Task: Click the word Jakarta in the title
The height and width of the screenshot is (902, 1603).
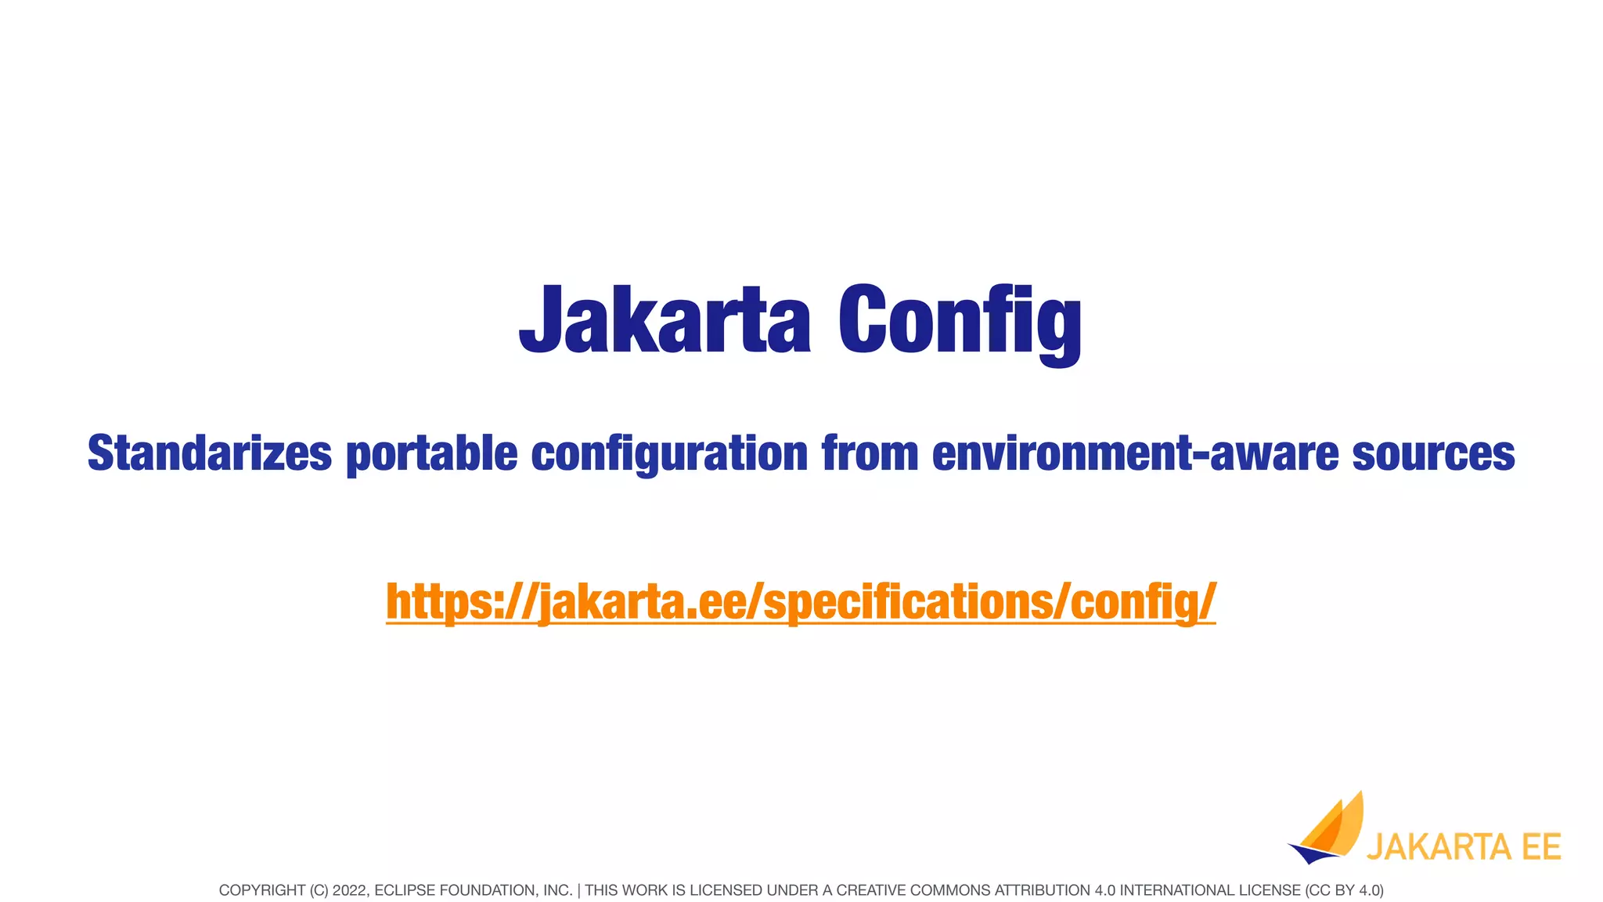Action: point(665,319)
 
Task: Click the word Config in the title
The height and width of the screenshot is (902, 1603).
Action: point(960,321)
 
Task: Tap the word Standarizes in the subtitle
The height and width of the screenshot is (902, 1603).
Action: point(210,453)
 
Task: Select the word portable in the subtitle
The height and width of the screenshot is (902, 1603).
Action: point(431,454)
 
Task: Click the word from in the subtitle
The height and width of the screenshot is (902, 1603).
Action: point(870,453)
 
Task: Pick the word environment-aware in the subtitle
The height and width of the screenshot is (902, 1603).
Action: point(1135,453)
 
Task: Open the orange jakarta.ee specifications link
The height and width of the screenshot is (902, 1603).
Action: point(801,602)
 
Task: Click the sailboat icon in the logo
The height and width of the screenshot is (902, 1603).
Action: point(1328,832)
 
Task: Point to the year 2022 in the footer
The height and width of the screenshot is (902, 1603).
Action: point(348,890)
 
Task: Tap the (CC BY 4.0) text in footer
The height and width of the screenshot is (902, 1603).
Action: point(1344,890)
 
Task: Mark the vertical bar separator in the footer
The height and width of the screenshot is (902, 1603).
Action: point(578,890)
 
